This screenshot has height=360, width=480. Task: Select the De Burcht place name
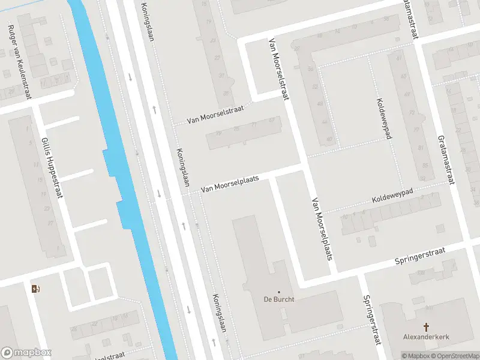(278, 300)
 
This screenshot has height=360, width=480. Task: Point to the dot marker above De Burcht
(278, 292)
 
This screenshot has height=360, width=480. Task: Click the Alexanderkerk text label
(427, 337)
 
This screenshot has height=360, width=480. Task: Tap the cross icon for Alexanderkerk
(427, 327)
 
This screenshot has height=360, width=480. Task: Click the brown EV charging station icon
(35, 289)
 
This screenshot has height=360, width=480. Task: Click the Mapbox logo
(26, 353)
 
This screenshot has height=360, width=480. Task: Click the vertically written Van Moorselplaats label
(321, 229)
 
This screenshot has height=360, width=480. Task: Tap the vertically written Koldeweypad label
(383, 118)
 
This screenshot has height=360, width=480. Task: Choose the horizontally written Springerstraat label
(420, 256)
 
